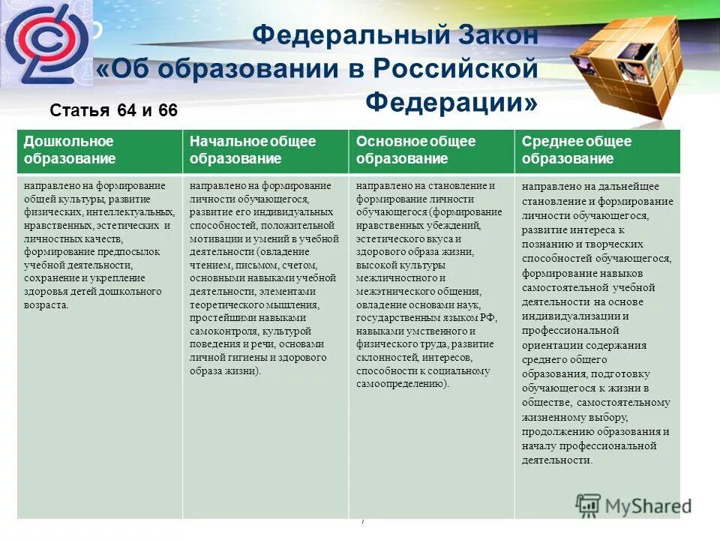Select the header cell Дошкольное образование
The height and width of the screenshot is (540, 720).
point(99,150)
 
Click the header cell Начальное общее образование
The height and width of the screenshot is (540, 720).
point(265,150)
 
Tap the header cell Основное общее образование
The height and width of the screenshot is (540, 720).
point(431,150)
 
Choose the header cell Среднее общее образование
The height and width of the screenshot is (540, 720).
point(597,150)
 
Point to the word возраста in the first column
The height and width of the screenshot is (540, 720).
point(46,305)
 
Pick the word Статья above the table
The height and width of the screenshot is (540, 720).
point(79,111)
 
